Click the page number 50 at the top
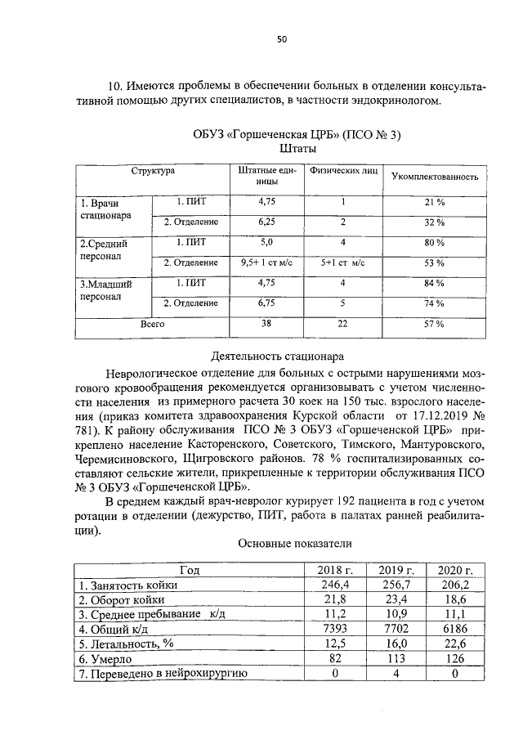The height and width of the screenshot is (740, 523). click(x=280, y=39)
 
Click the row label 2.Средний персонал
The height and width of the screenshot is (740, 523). click(x=105, y=250)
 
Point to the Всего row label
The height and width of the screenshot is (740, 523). click(x=152, y=324)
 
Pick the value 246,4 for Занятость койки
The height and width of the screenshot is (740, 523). click(x=331, y=585)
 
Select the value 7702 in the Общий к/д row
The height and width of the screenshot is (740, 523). click(x=393, y=630)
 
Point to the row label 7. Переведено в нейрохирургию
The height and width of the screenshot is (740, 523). click(x=163, y=674)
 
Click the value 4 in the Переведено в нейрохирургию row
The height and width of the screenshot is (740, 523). click(x=393, y=674)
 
